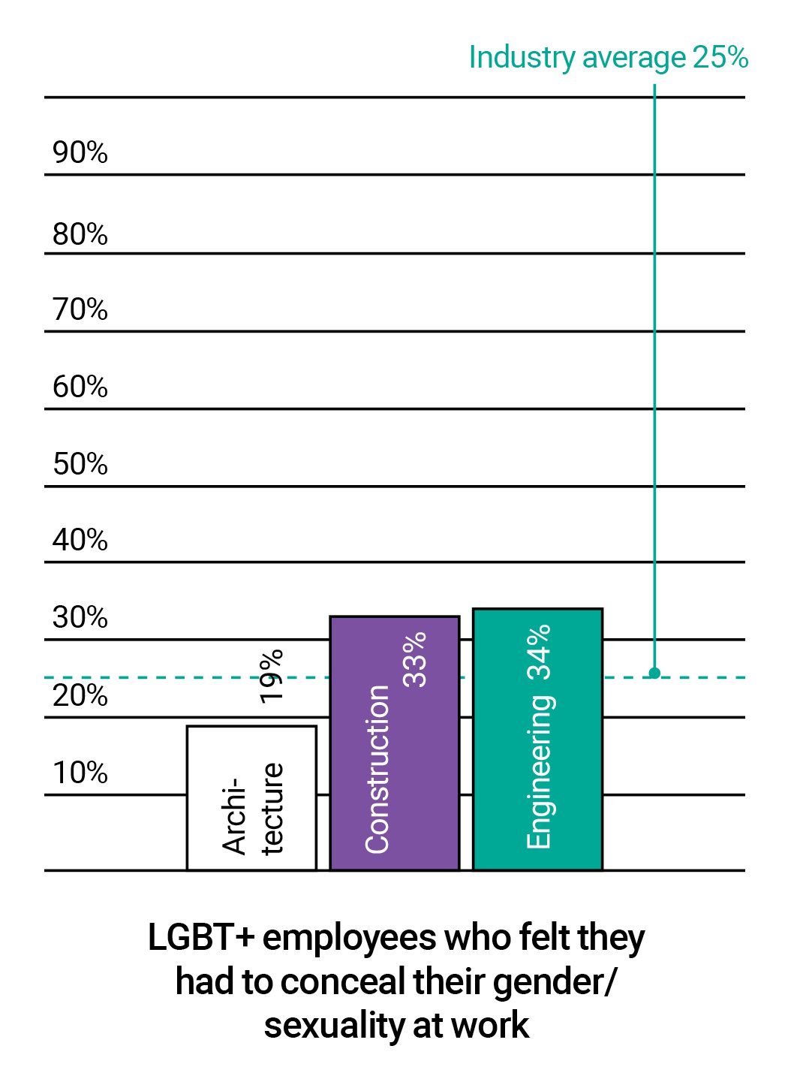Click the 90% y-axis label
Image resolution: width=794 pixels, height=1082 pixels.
coord(80,152)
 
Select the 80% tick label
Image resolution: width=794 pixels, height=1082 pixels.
coord(80,234)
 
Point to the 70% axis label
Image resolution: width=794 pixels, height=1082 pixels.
coord(80,309)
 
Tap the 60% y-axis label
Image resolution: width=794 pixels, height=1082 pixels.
coord(80,387)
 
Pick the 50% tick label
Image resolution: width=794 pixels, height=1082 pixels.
coord(80,464)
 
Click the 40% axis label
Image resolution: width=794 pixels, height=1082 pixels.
coord(80,540)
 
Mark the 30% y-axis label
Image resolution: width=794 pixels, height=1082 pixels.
coord(80,617)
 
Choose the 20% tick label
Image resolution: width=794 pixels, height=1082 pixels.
coord(80,695)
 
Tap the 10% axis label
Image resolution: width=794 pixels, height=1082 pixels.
coord(80,773)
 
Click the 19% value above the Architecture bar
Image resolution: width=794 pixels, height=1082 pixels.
coord(271,676)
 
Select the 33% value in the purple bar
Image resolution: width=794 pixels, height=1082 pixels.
coord(414,659)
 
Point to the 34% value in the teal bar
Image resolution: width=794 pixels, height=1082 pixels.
coord(539,652)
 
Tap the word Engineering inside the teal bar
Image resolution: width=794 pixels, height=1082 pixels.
coord(539,772)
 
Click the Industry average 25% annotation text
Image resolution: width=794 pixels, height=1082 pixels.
coord(608,58)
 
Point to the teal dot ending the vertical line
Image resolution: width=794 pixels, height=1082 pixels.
coord(654,673)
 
